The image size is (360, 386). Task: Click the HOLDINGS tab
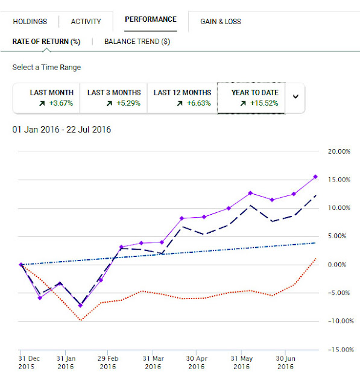point(30,22)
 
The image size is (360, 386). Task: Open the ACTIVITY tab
point(86,22)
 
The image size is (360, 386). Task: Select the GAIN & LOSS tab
point(221,22)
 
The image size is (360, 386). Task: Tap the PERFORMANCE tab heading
point(151,19)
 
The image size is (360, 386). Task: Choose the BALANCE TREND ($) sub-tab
point(137,42)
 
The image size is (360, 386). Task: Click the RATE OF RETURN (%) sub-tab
point(46,42)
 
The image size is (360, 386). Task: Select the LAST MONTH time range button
point(46,98)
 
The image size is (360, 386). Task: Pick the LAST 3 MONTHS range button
point(113,98)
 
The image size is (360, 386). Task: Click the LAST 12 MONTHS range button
point(182,98)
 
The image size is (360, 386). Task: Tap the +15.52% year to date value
point(264,103)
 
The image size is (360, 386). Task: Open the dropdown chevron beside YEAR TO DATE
point(295,96)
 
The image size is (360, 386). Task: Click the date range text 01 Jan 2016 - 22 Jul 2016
point(62,130)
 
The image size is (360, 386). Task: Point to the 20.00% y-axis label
point(339,151)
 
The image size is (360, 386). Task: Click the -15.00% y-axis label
point(341,350)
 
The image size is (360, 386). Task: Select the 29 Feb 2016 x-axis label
point(108,362)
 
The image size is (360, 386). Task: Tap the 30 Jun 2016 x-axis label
point(285,362)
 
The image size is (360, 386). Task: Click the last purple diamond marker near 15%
point(315,177)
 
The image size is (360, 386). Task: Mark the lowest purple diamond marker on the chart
point(80,306)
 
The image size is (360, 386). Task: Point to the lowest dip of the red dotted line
point(81,320)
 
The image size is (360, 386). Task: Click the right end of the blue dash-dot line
point(315,243)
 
